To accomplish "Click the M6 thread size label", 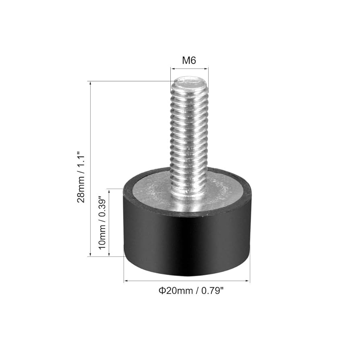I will click(x=189, y=61).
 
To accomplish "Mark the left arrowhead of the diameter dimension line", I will click(x=126, y=281).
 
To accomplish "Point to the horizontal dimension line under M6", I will click(x=189, y=69).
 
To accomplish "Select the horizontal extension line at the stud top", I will click(x=129, y=81).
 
